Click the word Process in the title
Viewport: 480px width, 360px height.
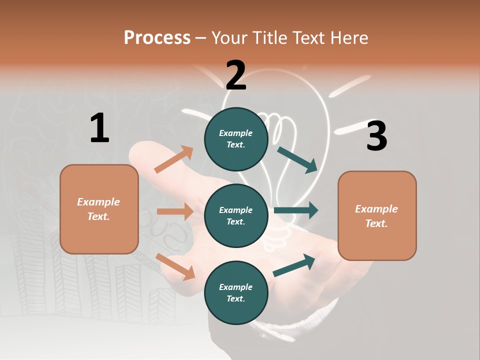[157, 37]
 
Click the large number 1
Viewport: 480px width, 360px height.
[99, 128]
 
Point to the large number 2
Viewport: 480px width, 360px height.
[236, 75]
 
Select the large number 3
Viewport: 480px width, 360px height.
[376, 136]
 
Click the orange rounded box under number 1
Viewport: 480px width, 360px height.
[99, 209]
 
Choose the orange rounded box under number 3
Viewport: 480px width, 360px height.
[377, 215]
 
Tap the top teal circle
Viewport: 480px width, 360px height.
[236, 139]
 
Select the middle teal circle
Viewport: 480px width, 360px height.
[236, 215]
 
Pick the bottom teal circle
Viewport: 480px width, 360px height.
[236, 292]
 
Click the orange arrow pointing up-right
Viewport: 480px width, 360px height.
[173, 159]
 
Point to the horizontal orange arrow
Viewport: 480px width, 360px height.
[175, 211]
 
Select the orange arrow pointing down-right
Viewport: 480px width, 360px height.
[175, 266]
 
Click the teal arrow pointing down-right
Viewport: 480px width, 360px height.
[297, 159]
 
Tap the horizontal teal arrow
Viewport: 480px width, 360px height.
[295, 210]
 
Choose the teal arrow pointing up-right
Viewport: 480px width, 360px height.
[294, 265]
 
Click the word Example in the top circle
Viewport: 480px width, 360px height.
[236, 133]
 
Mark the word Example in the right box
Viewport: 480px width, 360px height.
[376, 209]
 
